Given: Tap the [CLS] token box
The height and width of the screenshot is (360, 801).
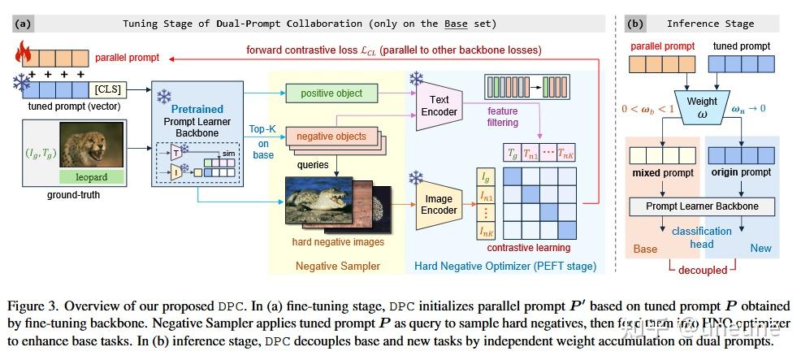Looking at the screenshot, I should [108, 87].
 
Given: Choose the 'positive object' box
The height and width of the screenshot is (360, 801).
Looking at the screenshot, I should [331, 93].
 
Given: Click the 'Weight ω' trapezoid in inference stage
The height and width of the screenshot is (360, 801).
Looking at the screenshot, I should [702, 107].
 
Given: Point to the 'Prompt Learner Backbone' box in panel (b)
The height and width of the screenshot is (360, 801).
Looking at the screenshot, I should [702, 206].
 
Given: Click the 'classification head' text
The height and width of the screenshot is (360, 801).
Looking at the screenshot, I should [702, 236].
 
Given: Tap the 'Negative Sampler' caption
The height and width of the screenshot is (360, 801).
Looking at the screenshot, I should [336, 265].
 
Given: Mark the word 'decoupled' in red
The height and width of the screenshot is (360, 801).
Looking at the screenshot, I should [703, 269].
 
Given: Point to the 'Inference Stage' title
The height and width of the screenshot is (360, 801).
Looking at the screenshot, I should [710, 24].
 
